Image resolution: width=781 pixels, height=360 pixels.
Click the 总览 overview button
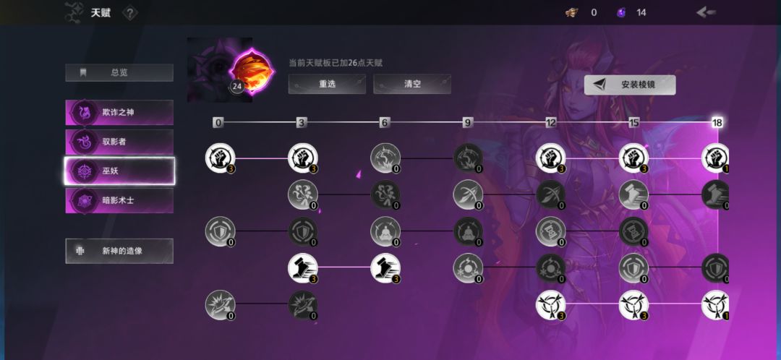(x=119, y=73)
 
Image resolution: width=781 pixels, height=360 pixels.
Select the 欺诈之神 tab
(x=119, y=113)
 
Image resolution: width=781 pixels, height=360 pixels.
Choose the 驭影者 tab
(x=119, y=142)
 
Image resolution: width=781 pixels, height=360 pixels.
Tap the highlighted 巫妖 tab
(x=119, y=171)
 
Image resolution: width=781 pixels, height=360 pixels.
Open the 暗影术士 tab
(x=119, y=201)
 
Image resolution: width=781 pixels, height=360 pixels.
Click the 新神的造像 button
(x=119, y=251)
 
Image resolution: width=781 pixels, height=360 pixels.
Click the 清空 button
(x=412, y=84)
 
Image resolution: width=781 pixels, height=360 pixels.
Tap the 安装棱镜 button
(x=630, y=85)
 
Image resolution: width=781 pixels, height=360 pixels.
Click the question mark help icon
(x=129, y=14)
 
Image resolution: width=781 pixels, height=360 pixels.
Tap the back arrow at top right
(x=706, y=12)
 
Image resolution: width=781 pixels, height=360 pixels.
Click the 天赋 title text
(x=100, y=13)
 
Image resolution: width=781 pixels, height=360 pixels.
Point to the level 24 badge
(x=237, y=86)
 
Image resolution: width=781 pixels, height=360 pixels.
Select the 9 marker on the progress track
(x=467, y=122)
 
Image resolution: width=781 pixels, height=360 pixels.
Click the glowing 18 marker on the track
(x=717, y=122)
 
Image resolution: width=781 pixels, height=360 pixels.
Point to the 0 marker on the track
(x=218, y=122)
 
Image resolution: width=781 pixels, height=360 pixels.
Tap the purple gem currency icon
(x=621, y=12)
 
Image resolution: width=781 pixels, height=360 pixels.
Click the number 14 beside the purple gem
(x=641, y=13)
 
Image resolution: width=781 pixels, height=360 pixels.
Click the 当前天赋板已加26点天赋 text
(x=336, y=63)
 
